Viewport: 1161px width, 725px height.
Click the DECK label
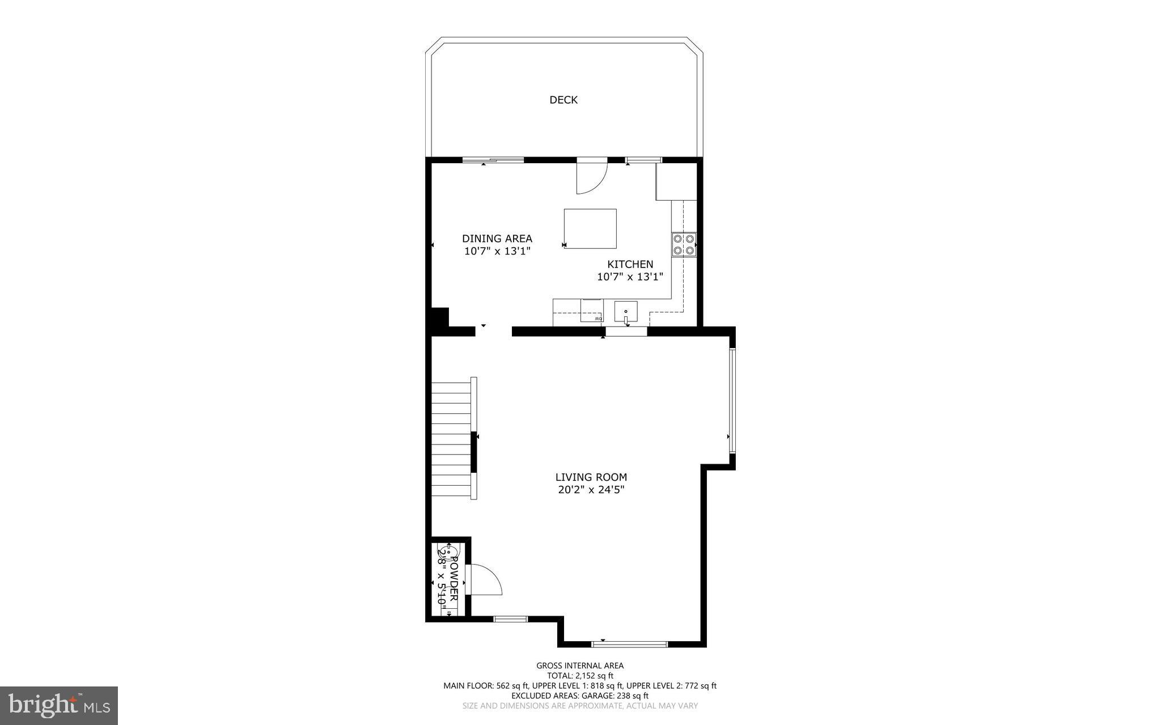pyautogui.click(x=563, y=100)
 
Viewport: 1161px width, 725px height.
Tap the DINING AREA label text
pyautogui.click(x=497, y=239)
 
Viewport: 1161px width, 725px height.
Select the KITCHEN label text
pyautogui.click(x=630, y=264)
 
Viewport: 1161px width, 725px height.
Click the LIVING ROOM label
pyautogui.click(x=591, y=477)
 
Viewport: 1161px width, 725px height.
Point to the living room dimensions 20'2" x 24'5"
pyautogui.click(x=591, y=490)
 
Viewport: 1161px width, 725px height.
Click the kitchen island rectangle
pyautogui.click(x=590, y=228)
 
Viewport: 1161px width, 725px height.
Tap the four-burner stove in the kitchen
pyautogui.click(x=684, y=244)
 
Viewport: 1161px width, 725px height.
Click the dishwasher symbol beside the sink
pyautogui.click(x=592, y=311)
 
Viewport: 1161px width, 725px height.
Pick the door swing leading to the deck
pyautogui.click(x=591, y=177)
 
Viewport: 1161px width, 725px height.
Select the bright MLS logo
pyautogui.click(x=59, y=705)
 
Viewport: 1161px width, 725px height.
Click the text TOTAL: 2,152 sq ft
pyautogui.click(x=579, y=676)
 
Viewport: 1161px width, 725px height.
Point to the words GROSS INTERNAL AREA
pyautogui.click(x=579, y=665)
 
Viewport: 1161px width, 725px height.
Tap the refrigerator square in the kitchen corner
pyautogui.click(x=676, y=181)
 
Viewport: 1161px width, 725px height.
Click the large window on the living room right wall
pyautogui.click(x=732, y=400)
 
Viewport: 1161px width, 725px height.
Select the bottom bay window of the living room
pyautogui.click(x=629, y=644)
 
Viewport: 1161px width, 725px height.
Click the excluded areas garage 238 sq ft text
pyautogui.click(x=579, y=696)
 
